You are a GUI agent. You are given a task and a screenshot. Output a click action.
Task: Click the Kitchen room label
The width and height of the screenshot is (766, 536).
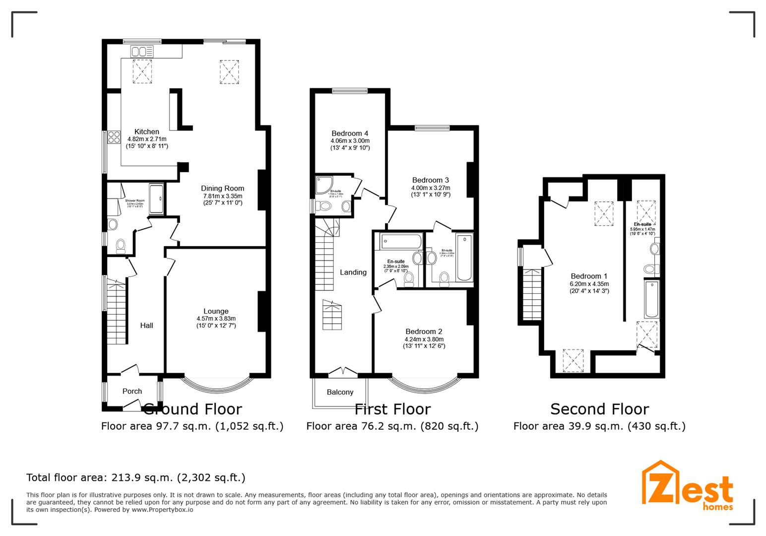pyautogui.click(x=146, y=132)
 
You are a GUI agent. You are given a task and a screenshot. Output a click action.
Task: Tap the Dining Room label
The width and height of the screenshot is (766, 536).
pyautogui.click(x=222, y=188)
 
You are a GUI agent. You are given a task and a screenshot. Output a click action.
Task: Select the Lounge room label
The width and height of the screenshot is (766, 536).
pyautogui.click(x=216, y=311)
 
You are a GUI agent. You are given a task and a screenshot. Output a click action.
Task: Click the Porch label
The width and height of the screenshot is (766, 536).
pyautogui.click(x=132, y=391)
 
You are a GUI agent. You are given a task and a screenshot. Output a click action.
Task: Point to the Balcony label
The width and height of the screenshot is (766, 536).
pyautogui.click(x=340, y=392)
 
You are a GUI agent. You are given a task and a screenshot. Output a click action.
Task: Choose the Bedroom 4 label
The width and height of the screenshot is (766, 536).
pyautogui.click(x=350, y=133)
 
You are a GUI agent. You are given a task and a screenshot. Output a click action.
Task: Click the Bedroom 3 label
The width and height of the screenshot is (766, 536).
pyautogui.click(x=430, y=180)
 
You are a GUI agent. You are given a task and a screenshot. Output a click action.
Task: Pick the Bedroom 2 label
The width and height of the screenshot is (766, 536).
pyautogui.click(x=424, y=332)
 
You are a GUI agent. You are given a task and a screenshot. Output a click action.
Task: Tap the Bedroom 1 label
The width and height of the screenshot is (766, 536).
pyautogui.click(x=589, y=276)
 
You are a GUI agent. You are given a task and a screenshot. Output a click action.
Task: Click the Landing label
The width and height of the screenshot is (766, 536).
pyautogui.click(x=353, y=272)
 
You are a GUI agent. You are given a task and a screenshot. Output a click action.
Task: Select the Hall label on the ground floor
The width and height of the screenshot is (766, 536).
pyautogui.click(x=146, y=326)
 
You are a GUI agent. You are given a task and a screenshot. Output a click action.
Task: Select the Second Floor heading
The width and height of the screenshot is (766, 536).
pyautogui.click(x=599, y=409)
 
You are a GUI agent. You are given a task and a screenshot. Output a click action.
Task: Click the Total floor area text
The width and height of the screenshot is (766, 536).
pyautogui.click(x=135, y=477)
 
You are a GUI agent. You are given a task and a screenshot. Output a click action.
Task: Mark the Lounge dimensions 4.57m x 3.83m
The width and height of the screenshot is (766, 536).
pyautogui.click(x=216, y=319)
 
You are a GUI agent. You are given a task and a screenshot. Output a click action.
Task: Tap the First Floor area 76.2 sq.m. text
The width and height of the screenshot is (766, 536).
pyautogui.click(x=392, y=426)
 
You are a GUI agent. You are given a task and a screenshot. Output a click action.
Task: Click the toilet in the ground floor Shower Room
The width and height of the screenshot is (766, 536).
pyautogui.click(x=121, y=245)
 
